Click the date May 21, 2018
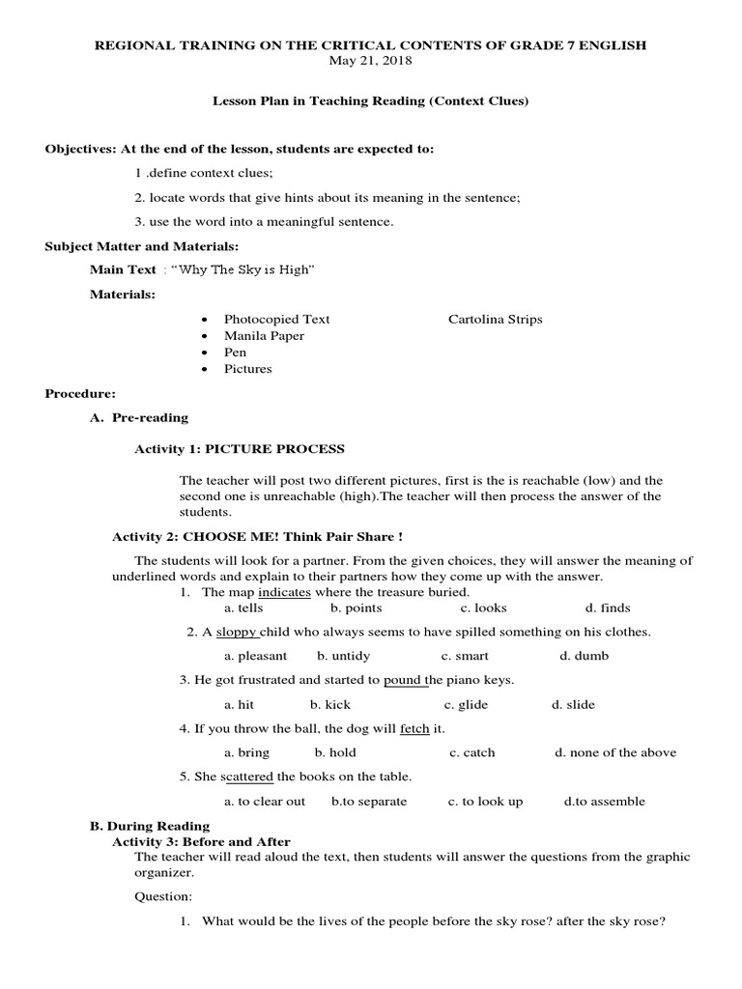(x=371, y=60)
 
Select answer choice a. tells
(x=243, y=608)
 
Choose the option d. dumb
(x=584, y=656)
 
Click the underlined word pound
(x=403, y=680)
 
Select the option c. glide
(x=465, y=704)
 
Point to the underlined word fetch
(x=414, y=728)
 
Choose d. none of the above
(x=615, y=752)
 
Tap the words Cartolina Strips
(x=496, y=319)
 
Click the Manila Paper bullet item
(x=264, y=335)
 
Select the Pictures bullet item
(x=248, y=368)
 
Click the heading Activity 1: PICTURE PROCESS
(x=238, y=449)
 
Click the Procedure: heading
(x=80, y=393)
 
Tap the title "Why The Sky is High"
(x=243, y=269)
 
